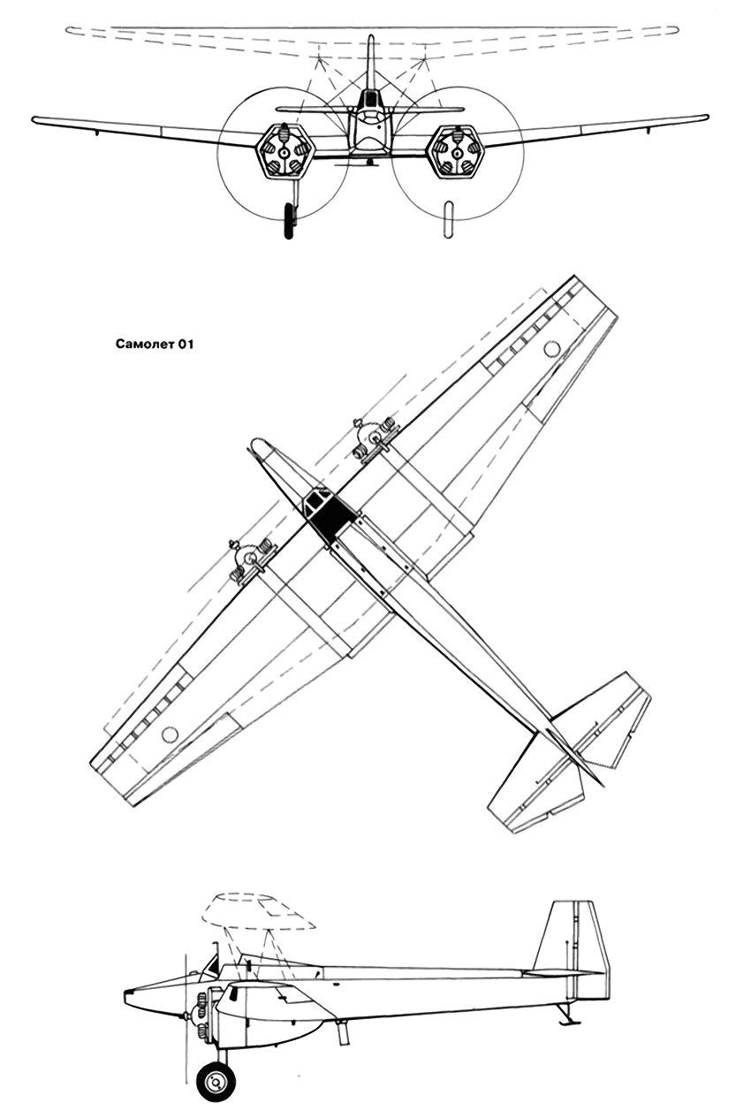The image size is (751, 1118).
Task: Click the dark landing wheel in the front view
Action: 289,221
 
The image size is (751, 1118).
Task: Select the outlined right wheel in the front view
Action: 449,218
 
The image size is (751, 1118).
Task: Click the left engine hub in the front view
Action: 284,153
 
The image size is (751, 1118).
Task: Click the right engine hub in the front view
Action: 456,153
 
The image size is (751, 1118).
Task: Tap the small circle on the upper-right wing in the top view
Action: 551,348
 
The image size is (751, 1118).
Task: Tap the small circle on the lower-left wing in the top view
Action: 170,734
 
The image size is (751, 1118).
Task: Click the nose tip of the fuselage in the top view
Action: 254,443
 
